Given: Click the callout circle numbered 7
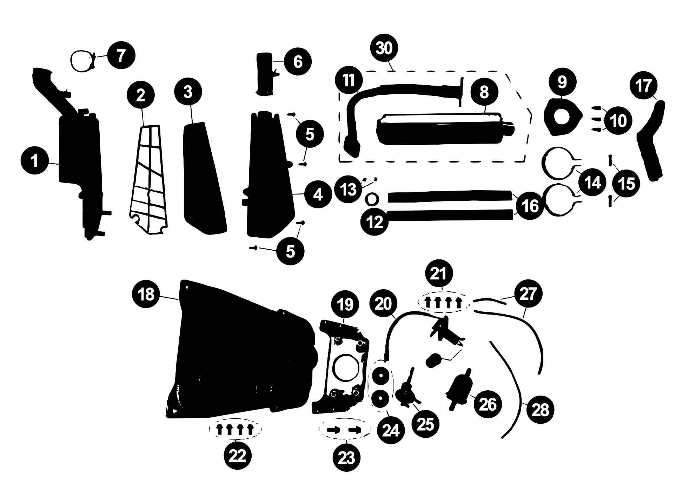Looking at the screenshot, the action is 121,55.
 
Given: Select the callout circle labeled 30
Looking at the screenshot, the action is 384,48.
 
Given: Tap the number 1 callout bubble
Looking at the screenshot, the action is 35,161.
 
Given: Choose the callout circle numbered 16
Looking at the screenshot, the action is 530,206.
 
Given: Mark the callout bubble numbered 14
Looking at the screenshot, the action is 592,182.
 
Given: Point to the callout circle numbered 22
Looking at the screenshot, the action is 237,456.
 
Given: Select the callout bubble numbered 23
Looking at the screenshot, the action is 347,458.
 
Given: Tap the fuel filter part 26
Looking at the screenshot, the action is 459,390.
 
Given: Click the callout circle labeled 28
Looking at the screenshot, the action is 540,410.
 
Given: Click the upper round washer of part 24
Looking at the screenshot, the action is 380,376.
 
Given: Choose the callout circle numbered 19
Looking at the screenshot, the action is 345,304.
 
